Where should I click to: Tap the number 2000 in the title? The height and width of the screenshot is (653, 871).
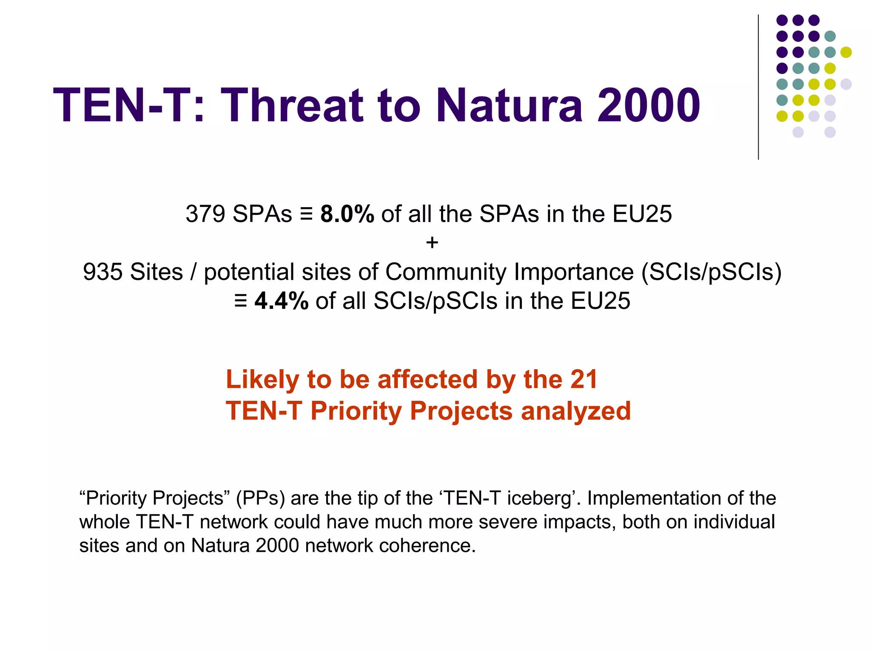coord(648,106)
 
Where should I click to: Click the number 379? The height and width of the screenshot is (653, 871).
coord(205,214)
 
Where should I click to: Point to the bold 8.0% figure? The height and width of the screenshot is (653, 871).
coord(347,214)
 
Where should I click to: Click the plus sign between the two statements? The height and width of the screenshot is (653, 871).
coord(432,242)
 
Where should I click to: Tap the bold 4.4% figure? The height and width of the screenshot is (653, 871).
coord(282,301)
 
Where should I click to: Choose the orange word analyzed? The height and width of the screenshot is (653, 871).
coord(576,411)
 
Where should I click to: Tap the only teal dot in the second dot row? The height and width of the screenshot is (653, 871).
coord(830,36)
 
